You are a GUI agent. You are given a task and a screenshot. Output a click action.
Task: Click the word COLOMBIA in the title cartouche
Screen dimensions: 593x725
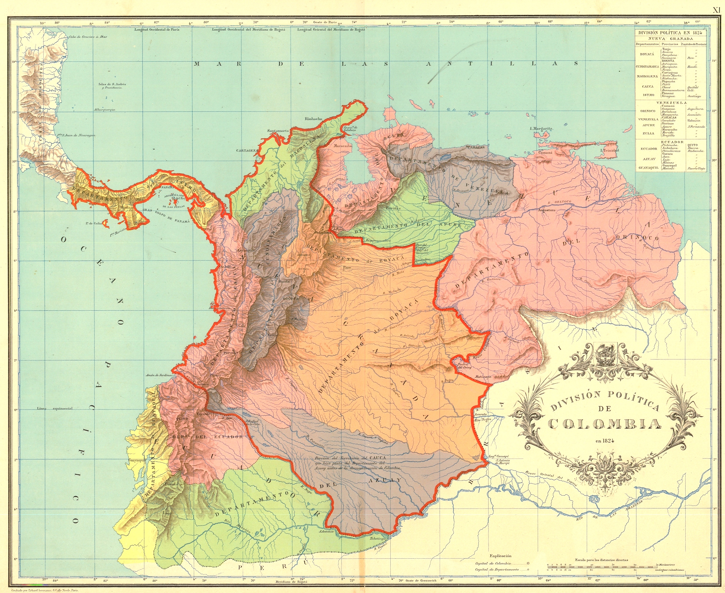click(x=605, y=424)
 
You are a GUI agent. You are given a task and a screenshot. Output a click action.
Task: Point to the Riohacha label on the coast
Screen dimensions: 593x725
click(x=313, y=119)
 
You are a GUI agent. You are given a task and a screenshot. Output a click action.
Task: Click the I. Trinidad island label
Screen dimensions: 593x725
click(x=609, y=150)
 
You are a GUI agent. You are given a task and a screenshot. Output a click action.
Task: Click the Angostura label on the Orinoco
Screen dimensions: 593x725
click(x=547, y=211)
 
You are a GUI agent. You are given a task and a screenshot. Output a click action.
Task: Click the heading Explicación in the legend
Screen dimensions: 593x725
click(x=501, y=556)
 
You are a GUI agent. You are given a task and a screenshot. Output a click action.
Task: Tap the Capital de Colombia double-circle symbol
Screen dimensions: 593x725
click(x=528, y=563)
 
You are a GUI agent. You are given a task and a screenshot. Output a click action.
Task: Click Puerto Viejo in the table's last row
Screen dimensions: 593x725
click(x=697, y=168)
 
